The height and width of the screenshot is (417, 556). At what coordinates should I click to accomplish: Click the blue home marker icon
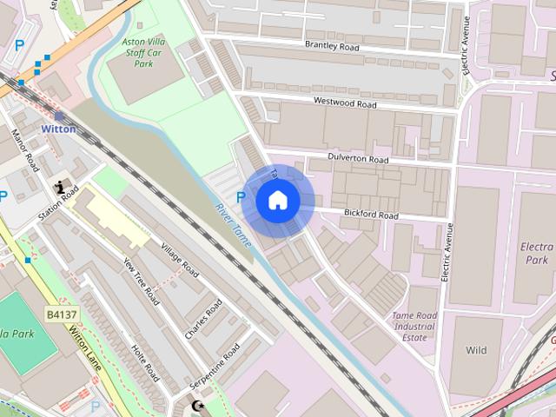click(x=278, y=201)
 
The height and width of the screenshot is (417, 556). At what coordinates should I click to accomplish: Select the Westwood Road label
click(x=345, y=103)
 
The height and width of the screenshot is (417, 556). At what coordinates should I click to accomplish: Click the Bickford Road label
click(x=369, y=215)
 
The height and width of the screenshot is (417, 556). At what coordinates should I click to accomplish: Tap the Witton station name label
click(x=58, y=129)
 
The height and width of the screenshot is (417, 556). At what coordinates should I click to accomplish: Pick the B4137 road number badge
click(x=62, y=312)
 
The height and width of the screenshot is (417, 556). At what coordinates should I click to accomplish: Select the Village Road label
click(x=180, y=259)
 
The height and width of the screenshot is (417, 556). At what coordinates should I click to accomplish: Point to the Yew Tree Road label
click(x=141, y=283)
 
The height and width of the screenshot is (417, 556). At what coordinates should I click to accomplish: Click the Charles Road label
click(x=203, y=319)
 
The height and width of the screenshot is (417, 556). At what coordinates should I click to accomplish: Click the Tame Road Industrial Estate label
click(x=414, y=327)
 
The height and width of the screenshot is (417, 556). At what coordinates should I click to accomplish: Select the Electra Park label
click(x=536, y=253)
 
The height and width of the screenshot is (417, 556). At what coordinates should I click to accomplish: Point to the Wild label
click(x=476, y=351)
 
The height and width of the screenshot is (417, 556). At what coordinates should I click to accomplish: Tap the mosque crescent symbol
click(x=195, y=405)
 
